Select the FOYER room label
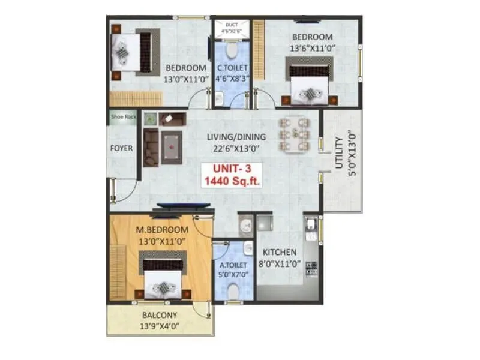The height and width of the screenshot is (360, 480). coord(122,148)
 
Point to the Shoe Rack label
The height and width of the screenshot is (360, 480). coord(123,117)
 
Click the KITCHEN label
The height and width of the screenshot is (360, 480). coord(277,253)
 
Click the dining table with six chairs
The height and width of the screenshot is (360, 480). coord(294,133)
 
